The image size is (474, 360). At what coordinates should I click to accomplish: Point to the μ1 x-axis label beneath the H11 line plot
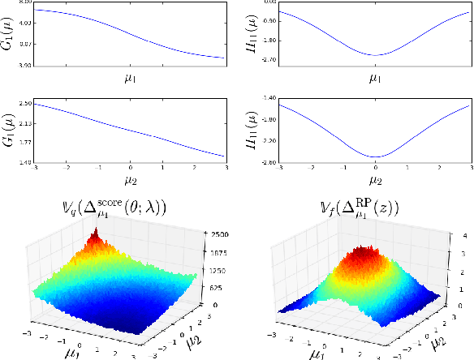coord(375,79)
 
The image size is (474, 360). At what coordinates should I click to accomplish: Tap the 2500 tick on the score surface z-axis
coord(217,234)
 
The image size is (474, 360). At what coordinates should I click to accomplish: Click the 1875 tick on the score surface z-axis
coord(217,252)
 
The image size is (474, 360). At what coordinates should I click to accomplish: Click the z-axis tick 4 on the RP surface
coord(461,234)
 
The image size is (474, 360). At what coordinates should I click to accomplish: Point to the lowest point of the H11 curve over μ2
coord(375,156)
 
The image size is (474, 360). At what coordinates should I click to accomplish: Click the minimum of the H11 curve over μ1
coord(375,55)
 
